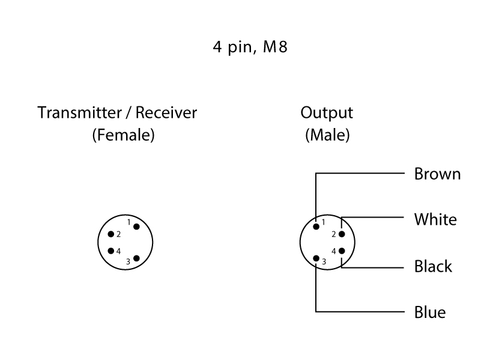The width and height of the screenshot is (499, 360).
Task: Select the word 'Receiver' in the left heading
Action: [166, 112]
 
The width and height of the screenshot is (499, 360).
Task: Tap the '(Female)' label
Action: [123, 136]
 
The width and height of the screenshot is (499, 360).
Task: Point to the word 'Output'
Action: [327, 112]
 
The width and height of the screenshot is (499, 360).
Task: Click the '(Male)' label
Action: [327, 136]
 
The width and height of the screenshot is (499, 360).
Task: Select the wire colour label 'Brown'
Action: [437, 174]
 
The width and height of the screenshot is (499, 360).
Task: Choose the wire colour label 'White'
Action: [435, 219]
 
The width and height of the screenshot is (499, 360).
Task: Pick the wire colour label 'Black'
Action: [433, 266]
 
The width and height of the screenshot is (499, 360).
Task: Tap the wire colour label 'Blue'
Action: [430, 313]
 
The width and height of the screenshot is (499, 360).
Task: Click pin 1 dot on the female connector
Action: [136, 227]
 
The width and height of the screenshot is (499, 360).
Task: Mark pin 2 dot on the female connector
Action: [110, 234]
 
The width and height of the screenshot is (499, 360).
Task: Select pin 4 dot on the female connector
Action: [110, 251]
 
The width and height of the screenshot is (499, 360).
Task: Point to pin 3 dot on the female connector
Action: [136, 258]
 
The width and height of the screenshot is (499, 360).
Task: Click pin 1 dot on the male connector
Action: [316, 227]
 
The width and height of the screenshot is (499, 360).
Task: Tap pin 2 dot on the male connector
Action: [342, 234]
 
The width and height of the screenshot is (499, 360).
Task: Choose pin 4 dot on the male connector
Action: [342, 251]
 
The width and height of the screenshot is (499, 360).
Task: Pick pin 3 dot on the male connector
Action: [316, 258]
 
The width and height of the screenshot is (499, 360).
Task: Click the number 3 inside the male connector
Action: [324, 262]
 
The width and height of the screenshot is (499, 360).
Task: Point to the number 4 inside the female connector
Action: [118, 251]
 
